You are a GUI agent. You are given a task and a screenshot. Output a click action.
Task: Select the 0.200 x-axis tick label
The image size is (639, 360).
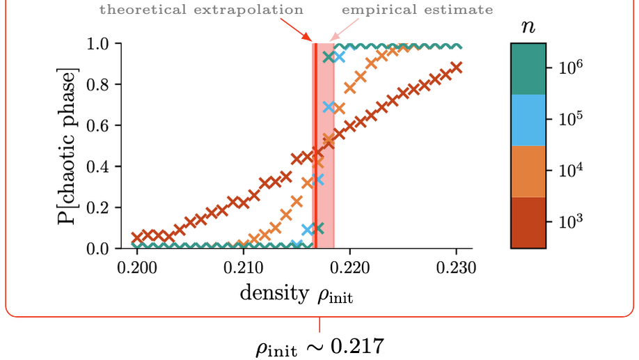click(136, 267)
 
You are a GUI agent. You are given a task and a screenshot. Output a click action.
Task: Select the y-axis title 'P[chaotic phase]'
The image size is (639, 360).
click(68, 146)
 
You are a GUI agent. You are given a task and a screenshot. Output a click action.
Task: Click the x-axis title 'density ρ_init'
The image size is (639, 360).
click(296, 293)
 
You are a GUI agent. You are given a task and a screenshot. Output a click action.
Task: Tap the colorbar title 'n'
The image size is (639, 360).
click(528, 26)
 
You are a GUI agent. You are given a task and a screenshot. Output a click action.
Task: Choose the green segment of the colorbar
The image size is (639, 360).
click(528, 69)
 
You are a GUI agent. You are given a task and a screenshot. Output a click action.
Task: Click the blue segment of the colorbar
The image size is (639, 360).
click(528, 120)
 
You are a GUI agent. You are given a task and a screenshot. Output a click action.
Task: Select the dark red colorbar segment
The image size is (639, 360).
click(528, 222)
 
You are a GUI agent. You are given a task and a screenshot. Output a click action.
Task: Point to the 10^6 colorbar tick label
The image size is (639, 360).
click(569, 68)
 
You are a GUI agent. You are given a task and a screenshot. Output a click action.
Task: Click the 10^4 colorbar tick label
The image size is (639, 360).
click(569, 170)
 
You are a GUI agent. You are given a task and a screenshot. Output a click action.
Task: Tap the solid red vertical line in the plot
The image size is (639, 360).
click(315, 146)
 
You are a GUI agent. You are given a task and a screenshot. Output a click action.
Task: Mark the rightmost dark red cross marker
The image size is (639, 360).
click(457, 68)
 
